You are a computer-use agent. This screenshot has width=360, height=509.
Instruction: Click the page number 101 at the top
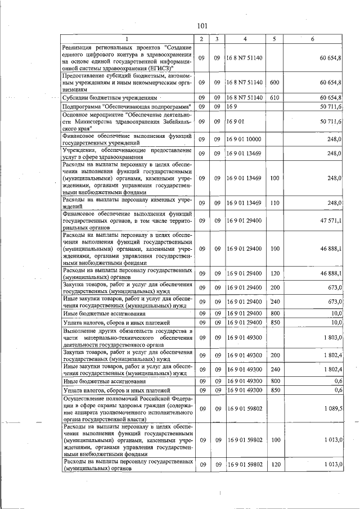coord(203,25)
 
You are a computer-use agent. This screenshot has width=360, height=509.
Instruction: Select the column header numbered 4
coord(245,38)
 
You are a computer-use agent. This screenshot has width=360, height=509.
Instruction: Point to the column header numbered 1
coord(127,38)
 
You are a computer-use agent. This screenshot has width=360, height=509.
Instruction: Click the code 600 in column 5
coord(274,83)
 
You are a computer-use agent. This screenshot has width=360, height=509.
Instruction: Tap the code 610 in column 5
coord(274,97)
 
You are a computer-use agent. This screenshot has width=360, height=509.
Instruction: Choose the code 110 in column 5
coord(274,203)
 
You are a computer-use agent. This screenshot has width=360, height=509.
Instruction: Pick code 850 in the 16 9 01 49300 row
coord(274,390)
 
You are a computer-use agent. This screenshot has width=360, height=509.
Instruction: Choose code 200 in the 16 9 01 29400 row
coord(274,287)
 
